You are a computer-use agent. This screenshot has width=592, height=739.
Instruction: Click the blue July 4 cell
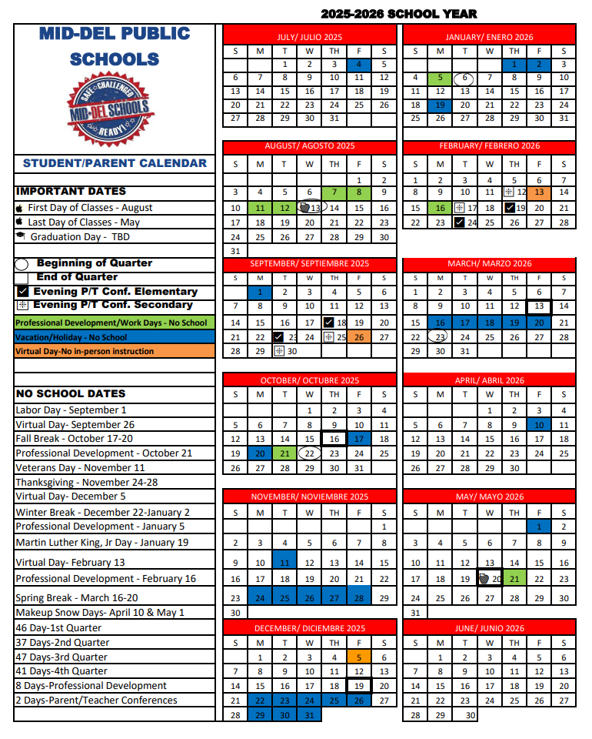pyautogui.click(x=359, y=65)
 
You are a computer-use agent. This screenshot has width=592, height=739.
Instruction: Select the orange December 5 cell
pyautogui.click(x=359, y=657)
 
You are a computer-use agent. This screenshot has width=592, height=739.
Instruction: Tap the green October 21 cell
pyautogui.click(x=284, y=453)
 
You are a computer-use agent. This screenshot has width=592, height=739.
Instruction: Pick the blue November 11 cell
pyautogui.click(x=284, y=563)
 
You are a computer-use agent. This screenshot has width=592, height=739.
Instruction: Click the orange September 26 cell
pyautogui.click(x=359, y=336)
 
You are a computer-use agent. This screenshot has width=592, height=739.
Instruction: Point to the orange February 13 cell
pyautogui.click(x=539, y=192)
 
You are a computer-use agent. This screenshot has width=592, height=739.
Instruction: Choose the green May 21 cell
pyautogui.click(x=514, y=579)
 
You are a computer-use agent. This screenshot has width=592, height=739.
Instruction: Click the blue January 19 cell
pyautogui.click(x=440, y=105)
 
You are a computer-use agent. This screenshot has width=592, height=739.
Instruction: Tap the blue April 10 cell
pyautogui.click(x=539, y=425)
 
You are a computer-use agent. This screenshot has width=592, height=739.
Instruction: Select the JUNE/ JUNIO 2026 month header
pyautogui.click(x=489, y=628)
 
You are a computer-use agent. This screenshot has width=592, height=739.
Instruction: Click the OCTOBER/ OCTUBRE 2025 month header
pyautogui.click(x=309, y=380)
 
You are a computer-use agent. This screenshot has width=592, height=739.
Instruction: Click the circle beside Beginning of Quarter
pyautogui.click(x=22, y=264)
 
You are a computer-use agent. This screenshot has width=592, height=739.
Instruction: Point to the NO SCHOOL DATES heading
pyautogui.click(x=71, y=394)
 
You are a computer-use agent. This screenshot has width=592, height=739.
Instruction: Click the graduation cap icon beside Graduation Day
pyautogui.click(x=20, y=237)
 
